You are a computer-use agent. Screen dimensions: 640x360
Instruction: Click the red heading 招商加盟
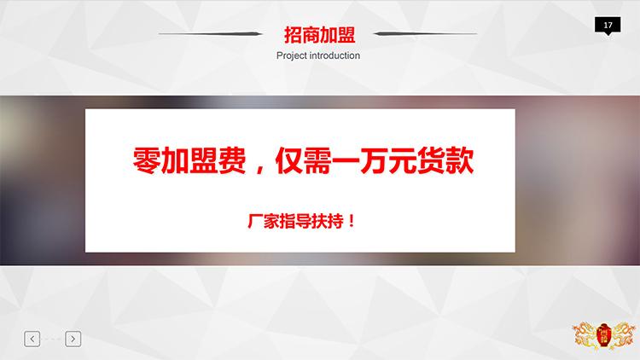coord(320,35)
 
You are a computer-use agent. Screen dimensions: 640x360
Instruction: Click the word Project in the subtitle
coord(292,56)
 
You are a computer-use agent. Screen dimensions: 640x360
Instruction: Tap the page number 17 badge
coord(608,26)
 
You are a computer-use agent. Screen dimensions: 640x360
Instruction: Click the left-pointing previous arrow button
coord(32,339)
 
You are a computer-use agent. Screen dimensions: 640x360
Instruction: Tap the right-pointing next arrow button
coord(73,339)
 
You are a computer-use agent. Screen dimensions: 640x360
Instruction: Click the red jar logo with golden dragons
coord(603,336)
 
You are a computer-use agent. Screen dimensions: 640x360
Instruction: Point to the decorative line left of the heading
coord(210,33)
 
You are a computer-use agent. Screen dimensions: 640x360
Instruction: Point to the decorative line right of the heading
coord(425,33)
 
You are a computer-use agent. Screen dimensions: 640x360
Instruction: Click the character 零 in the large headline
coord(146,161)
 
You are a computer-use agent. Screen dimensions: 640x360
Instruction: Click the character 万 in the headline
coord(373,161)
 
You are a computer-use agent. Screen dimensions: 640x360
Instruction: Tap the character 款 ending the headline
coord(460,161)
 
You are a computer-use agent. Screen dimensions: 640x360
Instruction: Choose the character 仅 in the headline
coord(289,161)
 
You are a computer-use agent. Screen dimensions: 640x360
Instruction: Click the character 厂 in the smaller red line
coord(254,222)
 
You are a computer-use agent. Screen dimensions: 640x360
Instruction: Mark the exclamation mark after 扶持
coord(352,222)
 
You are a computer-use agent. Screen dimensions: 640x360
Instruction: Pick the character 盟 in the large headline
coord(203,161)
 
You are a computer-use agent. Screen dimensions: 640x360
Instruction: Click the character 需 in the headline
coord(317,161)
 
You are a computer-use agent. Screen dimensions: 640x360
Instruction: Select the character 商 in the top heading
coord(311,35)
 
